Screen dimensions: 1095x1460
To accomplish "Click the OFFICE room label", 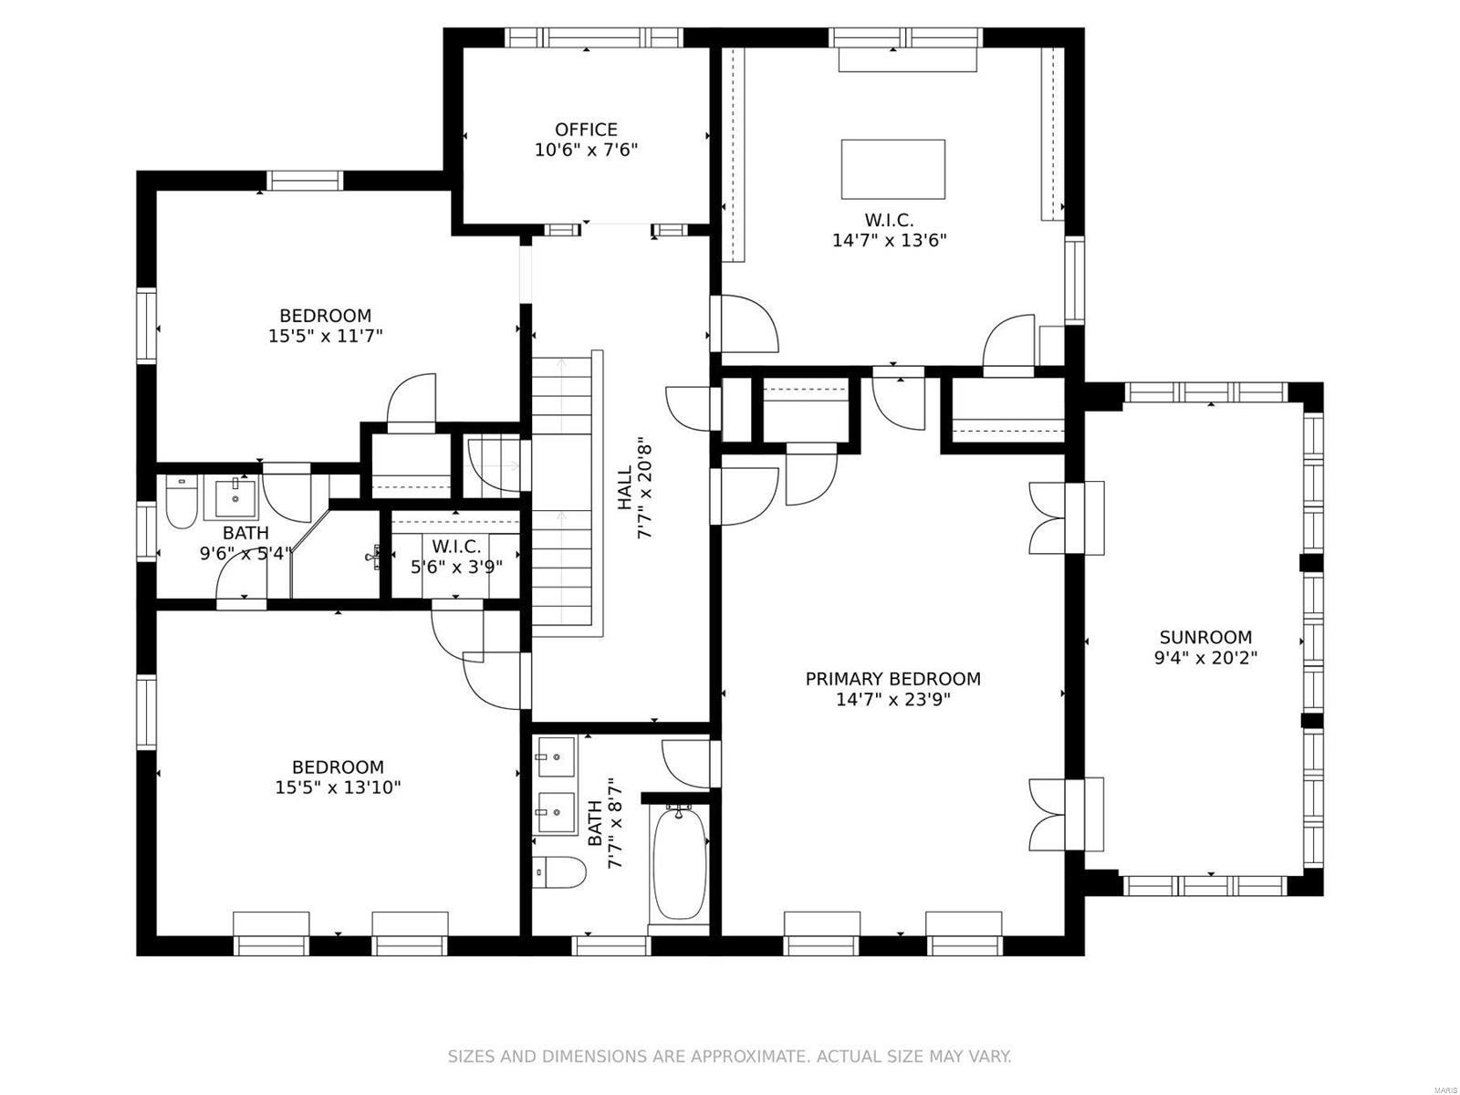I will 586,130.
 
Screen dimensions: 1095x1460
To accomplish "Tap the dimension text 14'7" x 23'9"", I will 892,700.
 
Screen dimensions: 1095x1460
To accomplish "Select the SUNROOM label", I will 1205,637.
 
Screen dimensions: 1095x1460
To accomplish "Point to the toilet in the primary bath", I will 558,872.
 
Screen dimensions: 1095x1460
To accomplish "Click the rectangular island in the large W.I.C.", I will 892,169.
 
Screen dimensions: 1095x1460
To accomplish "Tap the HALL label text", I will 625,488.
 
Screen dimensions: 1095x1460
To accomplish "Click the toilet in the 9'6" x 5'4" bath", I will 181,502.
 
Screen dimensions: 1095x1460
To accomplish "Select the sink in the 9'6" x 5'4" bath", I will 236,497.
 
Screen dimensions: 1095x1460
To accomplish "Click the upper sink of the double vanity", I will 555,756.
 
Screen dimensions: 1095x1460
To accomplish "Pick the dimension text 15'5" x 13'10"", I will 338,787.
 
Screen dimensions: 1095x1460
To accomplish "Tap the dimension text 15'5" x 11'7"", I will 325,336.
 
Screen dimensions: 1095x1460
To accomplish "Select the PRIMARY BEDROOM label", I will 892,679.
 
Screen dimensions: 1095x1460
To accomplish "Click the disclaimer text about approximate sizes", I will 729,1057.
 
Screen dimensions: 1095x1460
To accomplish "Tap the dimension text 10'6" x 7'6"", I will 586,150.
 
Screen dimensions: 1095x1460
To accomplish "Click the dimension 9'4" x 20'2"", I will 1205,658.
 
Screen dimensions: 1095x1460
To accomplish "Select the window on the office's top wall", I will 594,37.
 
